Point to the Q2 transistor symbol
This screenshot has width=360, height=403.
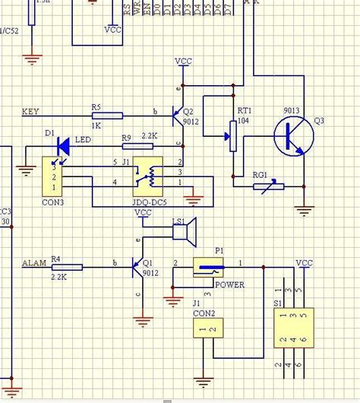tap(177, 116)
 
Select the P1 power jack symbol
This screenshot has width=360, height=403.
tap(210, 268)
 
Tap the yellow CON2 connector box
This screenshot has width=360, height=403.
tap(207, 329)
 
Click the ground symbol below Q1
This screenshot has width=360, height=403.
tap(141, 321)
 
